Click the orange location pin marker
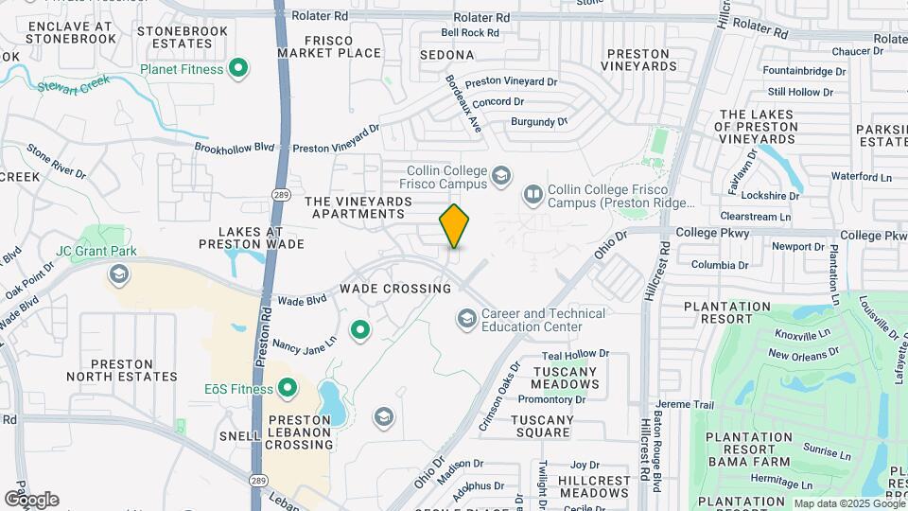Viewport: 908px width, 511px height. (454, 225)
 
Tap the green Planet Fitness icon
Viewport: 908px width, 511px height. (239, 69)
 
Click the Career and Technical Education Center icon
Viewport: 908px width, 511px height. (466, 320)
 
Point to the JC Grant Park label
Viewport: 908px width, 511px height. (96, 251)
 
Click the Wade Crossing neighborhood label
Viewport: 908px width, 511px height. (395, 288)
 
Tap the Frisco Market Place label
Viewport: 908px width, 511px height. (329, 47)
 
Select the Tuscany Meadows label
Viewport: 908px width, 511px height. (565, 379)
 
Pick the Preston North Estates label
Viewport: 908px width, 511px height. (122, 370)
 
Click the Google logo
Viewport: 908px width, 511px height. (31, 499)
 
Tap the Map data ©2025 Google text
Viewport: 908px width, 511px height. (848, 503)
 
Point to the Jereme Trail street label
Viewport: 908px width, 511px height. (687, 404)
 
